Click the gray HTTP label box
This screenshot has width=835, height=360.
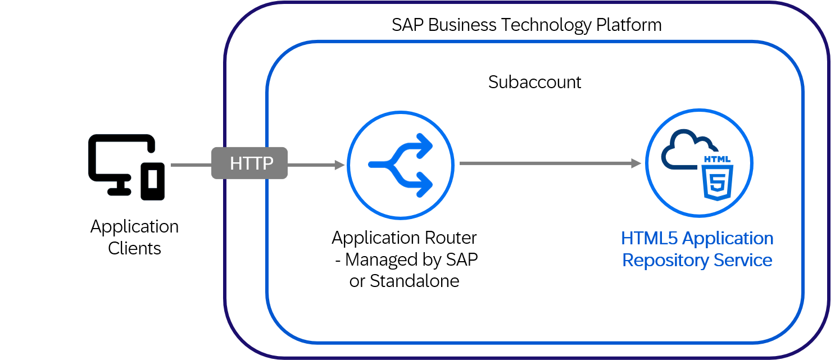[x=249, y=163]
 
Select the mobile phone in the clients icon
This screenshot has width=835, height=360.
[x=152, y=181]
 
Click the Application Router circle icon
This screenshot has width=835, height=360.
[x=401, y=165]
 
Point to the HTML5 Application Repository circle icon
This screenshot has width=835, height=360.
[x=700, y=163]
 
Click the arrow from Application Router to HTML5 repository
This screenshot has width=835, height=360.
[x=550, y=163]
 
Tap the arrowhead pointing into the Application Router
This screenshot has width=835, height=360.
[x=339, y=165]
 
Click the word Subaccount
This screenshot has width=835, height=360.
[x=534, y=82]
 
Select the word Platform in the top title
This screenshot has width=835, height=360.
[x=629, y=25]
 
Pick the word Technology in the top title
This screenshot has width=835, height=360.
[x=546, y=25]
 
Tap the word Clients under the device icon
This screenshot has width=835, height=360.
[x=134, y=248]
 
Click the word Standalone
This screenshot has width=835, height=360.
[x=415, y=281]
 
